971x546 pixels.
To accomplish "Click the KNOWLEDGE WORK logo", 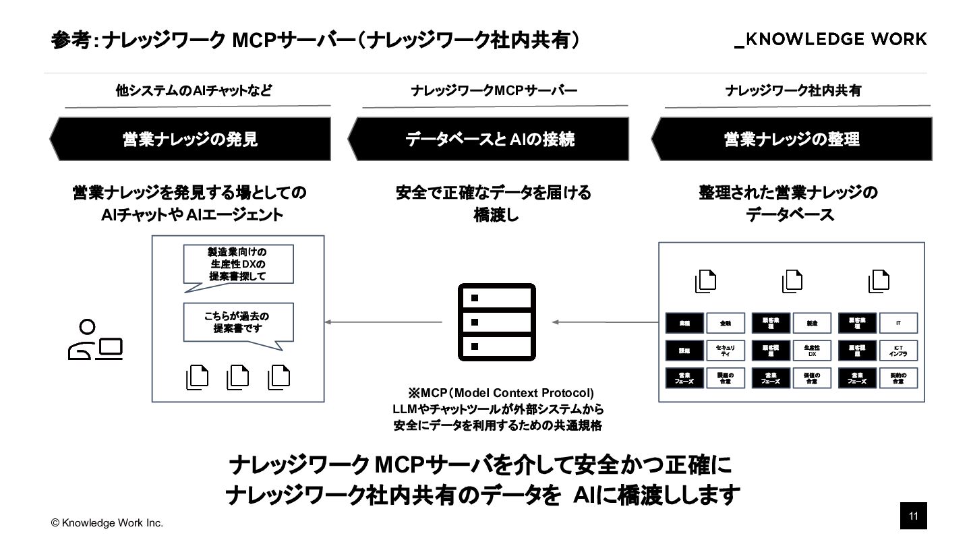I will pos(830,40).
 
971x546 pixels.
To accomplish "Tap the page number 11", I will pos(914,516).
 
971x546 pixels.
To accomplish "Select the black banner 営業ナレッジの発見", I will pos(190,139).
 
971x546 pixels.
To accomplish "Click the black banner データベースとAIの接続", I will pos(489,139).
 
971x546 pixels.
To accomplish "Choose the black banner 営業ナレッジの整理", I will pos(792,139).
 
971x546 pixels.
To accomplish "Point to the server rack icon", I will pos(496,322).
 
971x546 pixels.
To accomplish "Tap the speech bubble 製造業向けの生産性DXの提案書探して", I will pos(238,265).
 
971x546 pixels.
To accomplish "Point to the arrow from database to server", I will pos(604,322).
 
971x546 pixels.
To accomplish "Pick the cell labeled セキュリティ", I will pos(726,351).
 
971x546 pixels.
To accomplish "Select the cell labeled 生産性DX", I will pos(812,351).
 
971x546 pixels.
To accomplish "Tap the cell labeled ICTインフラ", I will pos(898,351).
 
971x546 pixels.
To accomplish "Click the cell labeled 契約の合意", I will pos(898,378).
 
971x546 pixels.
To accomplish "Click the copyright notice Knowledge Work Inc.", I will pos(107,523).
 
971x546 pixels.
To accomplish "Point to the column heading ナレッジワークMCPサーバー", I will pos(494,90).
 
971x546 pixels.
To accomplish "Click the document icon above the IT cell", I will pos(879,281).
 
